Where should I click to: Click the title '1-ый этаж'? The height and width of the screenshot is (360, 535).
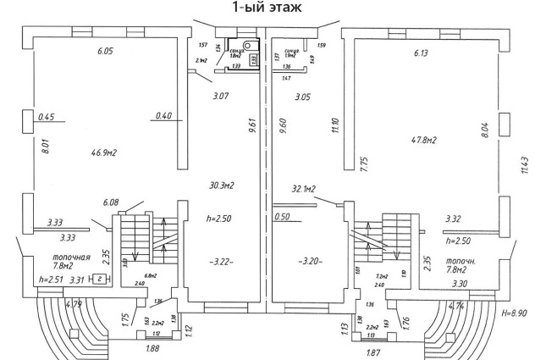[267, 9]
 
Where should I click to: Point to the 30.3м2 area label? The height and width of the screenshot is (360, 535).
[220, 186]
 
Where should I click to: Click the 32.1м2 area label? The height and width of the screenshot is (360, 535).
[302, 189]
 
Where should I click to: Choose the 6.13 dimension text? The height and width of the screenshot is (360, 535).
[421, 53]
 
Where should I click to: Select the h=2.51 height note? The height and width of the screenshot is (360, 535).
[52, 279]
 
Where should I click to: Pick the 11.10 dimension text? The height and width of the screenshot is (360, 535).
[335, 125]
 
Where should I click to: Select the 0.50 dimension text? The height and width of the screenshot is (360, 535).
[280, 218]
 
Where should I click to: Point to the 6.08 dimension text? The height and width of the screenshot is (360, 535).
[110, 202]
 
